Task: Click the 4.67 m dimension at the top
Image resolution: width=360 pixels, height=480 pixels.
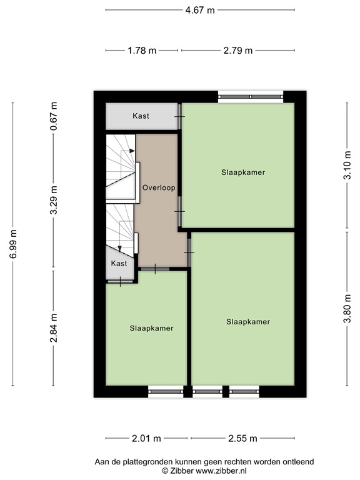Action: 199,10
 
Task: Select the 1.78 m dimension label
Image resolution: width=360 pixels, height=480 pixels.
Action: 141,51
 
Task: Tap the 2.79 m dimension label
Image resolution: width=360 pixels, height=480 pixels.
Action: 237,51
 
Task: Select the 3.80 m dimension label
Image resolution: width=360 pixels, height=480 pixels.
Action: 347,310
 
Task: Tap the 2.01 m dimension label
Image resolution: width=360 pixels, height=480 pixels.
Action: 147,438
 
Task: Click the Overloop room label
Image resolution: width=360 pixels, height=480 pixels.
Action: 158,187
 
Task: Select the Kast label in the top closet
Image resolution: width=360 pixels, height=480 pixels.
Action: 141,116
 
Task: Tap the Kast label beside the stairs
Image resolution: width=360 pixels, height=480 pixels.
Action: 119,263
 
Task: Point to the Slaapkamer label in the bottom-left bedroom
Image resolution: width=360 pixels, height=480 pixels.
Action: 151,327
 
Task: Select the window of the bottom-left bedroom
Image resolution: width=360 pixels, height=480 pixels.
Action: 165,392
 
